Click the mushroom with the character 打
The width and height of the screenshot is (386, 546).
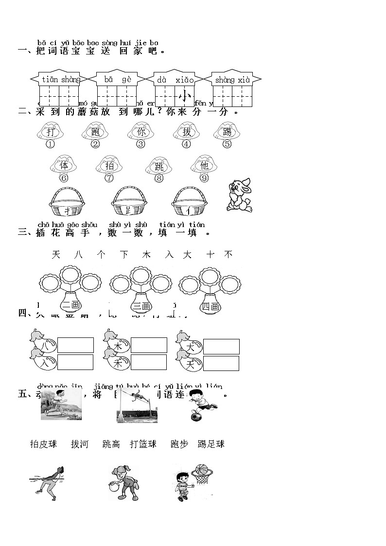click(x=50, y=132)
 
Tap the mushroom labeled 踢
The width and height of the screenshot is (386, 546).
click(x=227, y=132)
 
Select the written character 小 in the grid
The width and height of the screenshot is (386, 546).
click(x=185, y=97)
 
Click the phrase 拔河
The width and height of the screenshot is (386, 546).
click(x=80, y=444)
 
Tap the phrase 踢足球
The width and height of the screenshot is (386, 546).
click(x=211, y=444)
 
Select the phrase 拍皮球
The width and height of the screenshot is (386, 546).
click(x=44, y=444)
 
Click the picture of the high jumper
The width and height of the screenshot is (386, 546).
click(x=137, y=405)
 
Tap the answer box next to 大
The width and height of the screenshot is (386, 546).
click(x=221, y=347)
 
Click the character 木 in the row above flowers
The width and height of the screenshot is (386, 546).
click(x=146, y=254)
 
